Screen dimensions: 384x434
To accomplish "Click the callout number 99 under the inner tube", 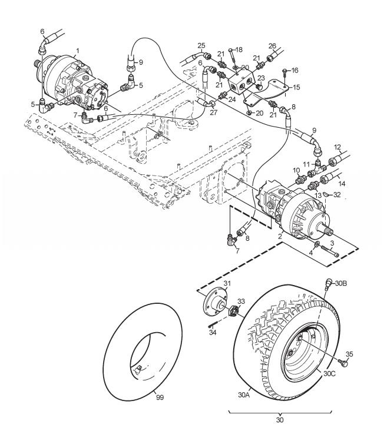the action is click(x=160, y=397).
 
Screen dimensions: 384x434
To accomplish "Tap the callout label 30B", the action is click(x=341, y=283).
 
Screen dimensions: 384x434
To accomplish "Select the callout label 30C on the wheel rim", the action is click(x=329, y=374).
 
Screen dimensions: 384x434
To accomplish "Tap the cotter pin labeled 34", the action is click(x=212, y=324).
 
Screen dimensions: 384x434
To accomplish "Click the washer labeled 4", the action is click(x=317, y=244).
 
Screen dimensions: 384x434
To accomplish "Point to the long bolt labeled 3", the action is click(x=330, y=251).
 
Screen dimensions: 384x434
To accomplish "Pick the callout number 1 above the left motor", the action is click(x=78, y=51).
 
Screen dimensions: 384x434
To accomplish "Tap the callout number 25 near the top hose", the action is click(x=201, y=46).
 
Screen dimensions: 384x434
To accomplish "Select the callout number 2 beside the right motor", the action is click(x=280, y=236).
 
